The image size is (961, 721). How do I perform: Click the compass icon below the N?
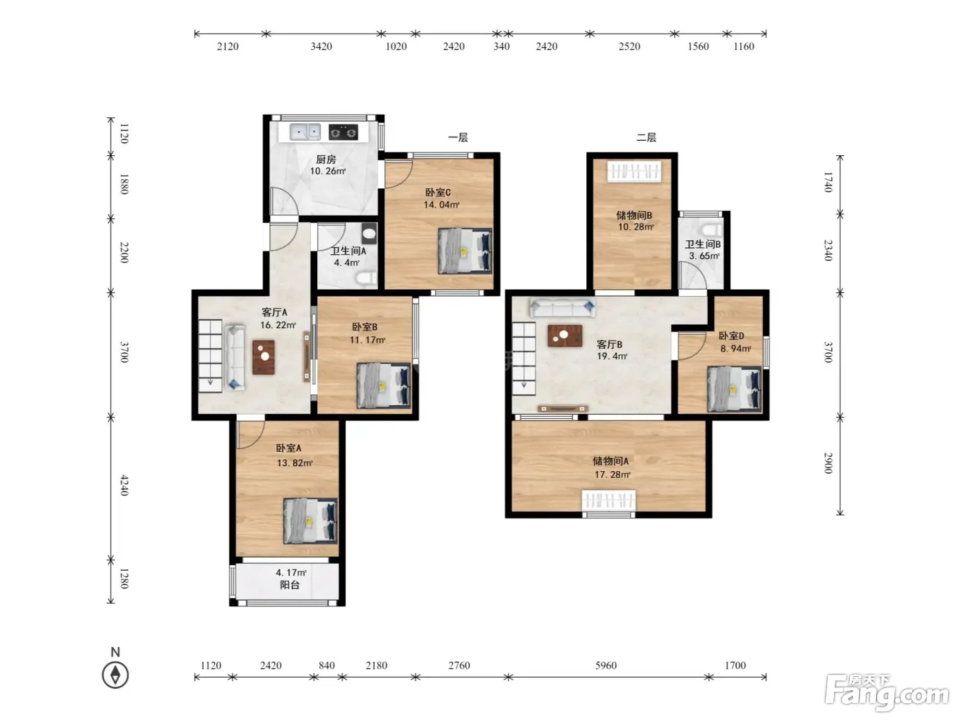[115, 674]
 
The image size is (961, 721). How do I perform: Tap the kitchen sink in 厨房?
[305, 131]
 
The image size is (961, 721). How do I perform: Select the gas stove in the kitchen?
[343, 132]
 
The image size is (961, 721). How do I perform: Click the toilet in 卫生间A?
[366, 277]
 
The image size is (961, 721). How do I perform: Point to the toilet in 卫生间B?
[712, 230]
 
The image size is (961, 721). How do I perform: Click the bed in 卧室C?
[465, 251]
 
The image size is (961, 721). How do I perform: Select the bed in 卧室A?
[310, 521]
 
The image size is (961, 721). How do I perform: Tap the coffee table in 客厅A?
[264, 357]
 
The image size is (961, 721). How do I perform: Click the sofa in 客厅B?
[563, 308]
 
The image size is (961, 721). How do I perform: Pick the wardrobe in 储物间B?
[634, 171]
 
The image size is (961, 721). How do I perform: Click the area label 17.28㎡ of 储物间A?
[612, 474]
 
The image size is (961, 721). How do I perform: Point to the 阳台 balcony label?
[290, 585]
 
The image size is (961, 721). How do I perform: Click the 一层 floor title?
[458, 137]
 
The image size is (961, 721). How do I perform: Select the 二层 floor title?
[646, 137]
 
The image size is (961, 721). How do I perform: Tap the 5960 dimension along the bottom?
[606, 665]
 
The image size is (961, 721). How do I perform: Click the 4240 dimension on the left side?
[124, 485]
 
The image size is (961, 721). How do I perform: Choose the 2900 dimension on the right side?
[828, 463]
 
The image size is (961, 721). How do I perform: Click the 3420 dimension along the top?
[321, 47]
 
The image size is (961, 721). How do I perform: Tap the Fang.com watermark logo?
[887, 692]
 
